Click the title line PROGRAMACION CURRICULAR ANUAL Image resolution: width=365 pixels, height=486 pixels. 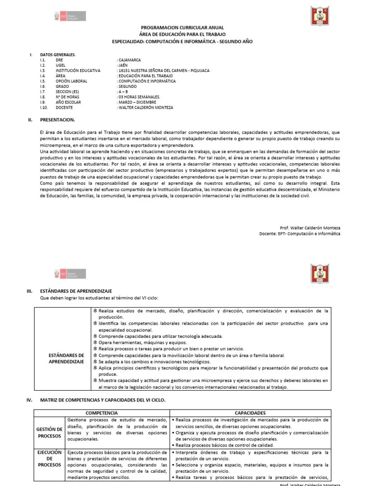tap(182, 28)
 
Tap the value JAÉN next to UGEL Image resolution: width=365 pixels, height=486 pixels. tap(124, 65)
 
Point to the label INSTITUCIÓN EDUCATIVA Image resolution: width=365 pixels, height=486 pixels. tap(78, 71)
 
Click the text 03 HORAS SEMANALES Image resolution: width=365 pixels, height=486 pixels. tap(139, 97)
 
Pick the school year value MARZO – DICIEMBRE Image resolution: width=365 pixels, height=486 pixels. tap(137, 102)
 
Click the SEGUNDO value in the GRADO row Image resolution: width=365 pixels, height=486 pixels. tap(127, 86)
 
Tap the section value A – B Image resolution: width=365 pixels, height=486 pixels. tap(123, 92)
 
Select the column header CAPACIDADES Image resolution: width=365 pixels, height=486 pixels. tap(250, 413)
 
